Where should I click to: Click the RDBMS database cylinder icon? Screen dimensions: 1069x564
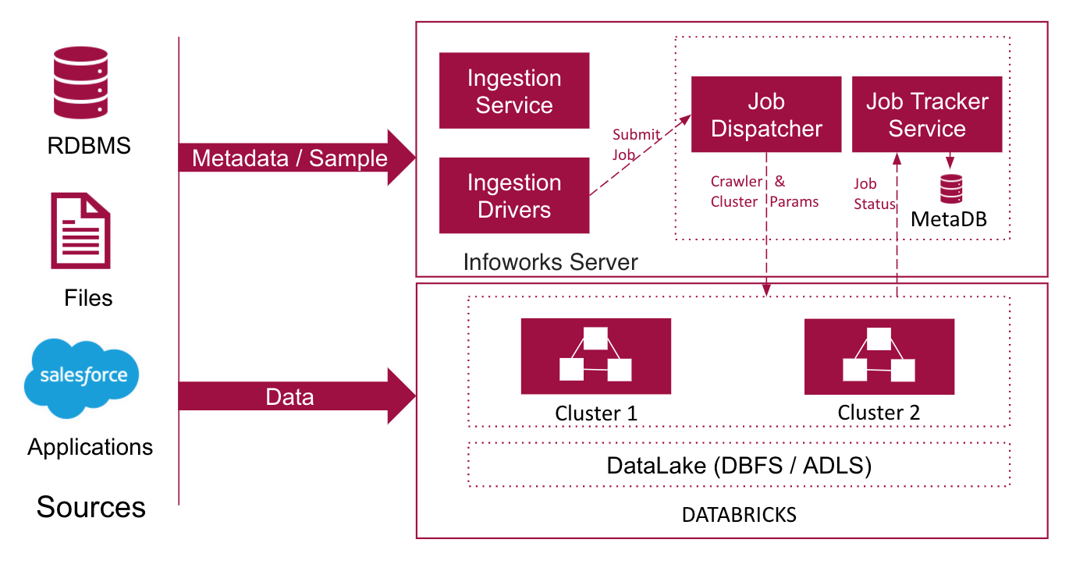click(x=80, y=82)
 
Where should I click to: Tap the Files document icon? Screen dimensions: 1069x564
click(x=80, y=230)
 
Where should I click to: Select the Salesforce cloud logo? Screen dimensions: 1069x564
click(x=82, y=378)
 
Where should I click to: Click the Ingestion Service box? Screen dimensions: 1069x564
click(x=514, y=90)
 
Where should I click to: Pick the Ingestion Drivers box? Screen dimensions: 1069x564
click(x=514, y=196)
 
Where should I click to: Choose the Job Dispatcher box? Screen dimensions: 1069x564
click(x=766, y=115)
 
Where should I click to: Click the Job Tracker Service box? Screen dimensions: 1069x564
click(x=927, y=115)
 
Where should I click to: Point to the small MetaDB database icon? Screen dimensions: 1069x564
click(x=951, y=189)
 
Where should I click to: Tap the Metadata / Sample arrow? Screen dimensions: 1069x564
click(x=297, y=158)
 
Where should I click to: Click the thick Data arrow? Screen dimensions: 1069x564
click(x=297, y=396)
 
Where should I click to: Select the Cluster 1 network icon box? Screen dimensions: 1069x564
click(x=595, y=356)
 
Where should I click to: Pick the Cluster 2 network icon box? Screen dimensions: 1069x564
click(x=879, y=356)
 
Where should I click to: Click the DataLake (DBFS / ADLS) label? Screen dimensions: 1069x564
click(x=739, y=465)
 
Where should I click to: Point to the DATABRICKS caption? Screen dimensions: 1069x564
click(x=739, y=515)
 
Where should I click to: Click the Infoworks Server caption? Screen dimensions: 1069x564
click(x=550, y=262)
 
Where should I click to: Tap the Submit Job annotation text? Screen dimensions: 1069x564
click(x=636, y=144)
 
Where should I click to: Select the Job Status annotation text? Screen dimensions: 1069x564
click(x=874, y=193)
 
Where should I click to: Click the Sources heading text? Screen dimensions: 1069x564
click(x=91, y=507)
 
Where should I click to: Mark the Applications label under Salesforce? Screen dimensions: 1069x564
click(x=91, y=448)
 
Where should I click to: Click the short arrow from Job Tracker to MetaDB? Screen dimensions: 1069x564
click(x=950, y=161)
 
